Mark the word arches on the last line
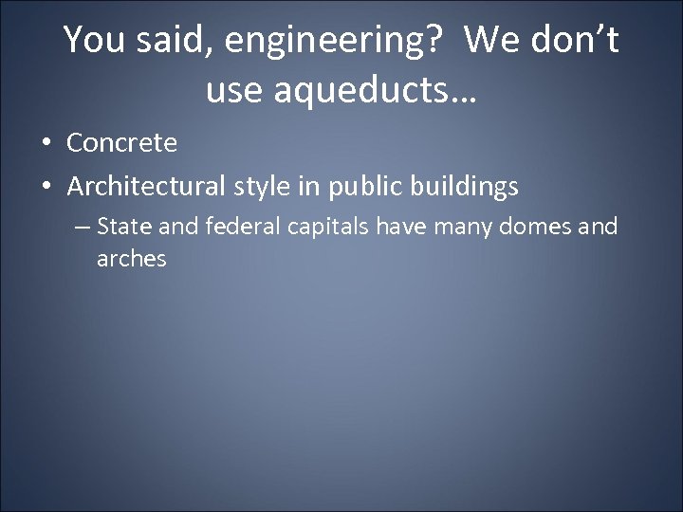click(131, 259)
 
